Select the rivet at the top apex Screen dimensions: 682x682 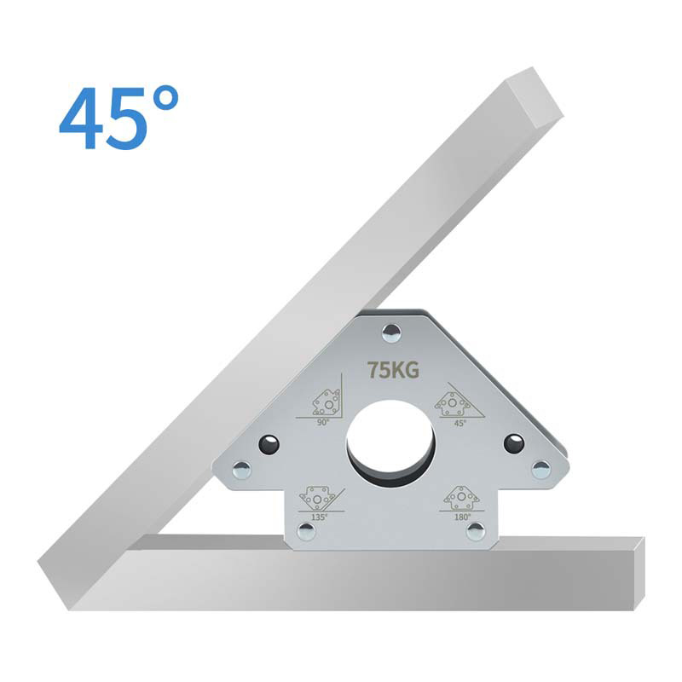[x=391, y=332]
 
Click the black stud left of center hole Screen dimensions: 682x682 [x=269, y=444]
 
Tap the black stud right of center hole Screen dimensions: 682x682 [x=513, y=443]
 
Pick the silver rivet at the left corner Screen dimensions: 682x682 [x=242, y=470]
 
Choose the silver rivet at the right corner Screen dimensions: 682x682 [x=540, y=469]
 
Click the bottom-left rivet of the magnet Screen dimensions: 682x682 [x=306, y=532]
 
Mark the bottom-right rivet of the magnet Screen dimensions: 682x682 [x=476, y=531]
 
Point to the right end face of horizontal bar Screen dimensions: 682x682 [x=639, y=573]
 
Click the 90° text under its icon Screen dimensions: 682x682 [x=323, y=421]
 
